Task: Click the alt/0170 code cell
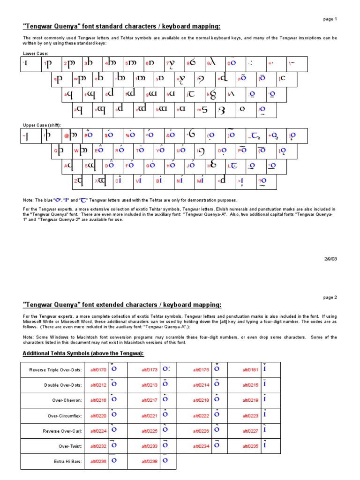pos(98,370)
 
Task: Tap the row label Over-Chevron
pos(68,400)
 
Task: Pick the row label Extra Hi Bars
pos(68,461)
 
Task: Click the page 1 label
pos(330,19)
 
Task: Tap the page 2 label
pos(330,297)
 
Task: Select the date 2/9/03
pos(330,258)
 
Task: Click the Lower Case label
pos(35,54)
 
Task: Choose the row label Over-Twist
pos(70,446)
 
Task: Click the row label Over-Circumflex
pos(65,416)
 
